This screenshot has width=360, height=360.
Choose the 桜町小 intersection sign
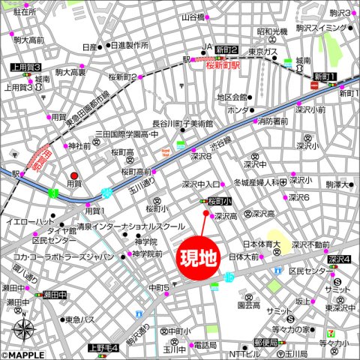220,202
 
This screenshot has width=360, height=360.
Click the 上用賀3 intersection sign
25,68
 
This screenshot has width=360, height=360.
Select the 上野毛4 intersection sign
103,347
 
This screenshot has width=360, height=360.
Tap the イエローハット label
29,223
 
